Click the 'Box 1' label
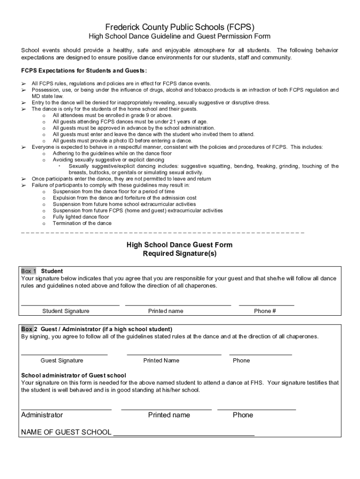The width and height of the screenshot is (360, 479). pyautogui.click(x=29, y=271)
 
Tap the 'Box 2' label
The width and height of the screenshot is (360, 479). pyautogui.click(x=27, y=329)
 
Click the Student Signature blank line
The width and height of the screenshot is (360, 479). pyautogui.click(x=70, y=305)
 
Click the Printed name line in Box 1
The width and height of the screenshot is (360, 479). pyautogui.click(x=178, y=305)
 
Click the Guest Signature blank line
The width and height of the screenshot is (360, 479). pyautogui.click(x=65, y=355)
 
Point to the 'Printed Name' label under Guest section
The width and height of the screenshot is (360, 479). pyautogui.click(x=161, y=361)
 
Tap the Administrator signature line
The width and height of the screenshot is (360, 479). pyautogui.click(x=66, y=409)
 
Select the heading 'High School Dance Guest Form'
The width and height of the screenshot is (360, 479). pyautogui.click(x=180, y=245)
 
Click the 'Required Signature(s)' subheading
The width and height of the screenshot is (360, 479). pyautogui.click(x=180, y=254)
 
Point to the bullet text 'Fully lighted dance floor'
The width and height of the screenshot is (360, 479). pyautogui.click(x=81, y=217)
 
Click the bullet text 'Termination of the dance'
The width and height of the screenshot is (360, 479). pyautogui.click(x=82, y=224)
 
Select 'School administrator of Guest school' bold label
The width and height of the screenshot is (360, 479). pyautogui.click(x=74, y=376)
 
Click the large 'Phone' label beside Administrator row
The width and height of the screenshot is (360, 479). pyautogui.click(x=243, y=415)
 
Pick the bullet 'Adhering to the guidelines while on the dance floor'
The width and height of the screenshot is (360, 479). pyautogui.click(x=112, y=153)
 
